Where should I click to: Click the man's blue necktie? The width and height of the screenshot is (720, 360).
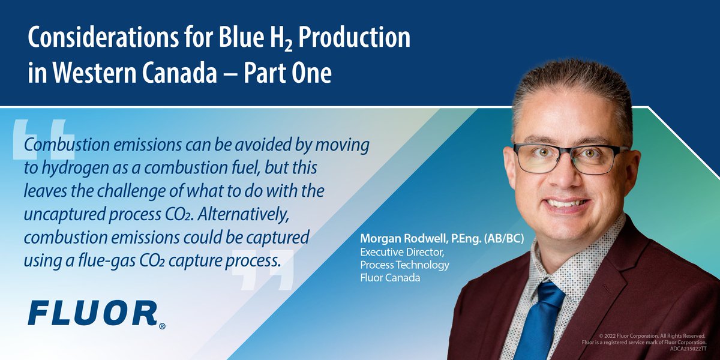[x=542, y=324]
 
